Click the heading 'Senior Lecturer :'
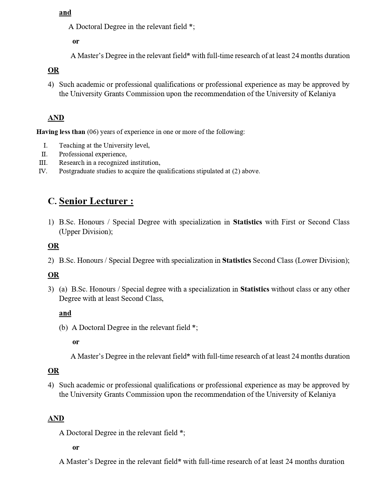click(x=96, y=201)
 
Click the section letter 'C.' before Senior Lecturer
click(x=52, y=201)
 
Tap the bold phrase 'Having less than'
click(x=61, y=132)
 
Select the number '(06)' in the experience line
click(x=93, y=132)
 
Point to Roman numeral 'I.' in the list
click(x=45, y=145)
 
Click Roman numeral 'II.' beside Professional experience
click(x=45, y=154)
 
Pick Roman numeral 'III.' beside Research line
click(x=43, y=163)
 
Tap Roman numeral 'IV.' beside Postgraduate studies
click(x=43, y=171)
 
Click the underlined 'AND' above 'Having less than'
click(x=56, y=118)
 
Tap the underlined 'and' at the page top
click(x=65, y=12)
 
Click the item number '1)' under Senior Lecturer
click(x=51, y=222)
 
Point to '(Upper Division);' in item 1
click(x=86, y=232)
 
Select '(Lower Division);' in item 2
click(x=322, y=260)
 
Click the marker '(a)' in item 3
click(x=63, y=289)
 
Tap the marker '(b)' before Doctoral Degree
click(x=63, y=328)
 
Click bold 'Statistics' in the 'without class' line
click(x=255, y=289)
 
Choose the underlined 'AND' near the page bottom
click(x=56, y=418)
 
